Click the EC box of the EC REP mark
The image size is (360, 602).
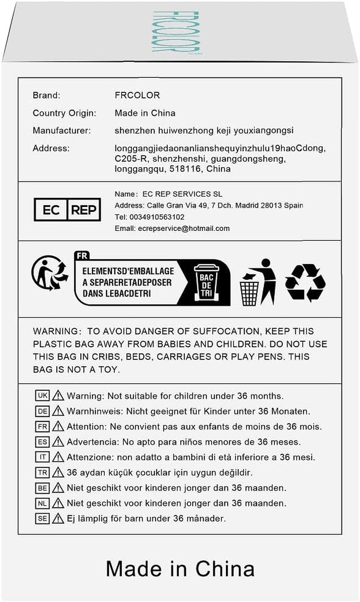click(x=50, y=209)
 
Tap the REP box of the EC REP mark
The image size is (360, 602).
click(x=84, y=209)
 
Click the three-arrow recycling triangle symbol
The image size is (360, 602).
click(x=306, y=282)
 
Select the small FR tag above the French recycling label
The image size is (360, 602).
click(x=82, y=255)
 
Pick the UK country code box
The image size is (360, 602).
click(x=42, y=396)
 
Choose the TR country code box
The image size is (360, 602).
click(x=42, y=472)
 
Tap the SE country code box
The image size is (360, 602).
click(x=42, y=518)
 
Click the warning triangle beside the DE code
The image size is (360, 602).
click(x=58, y=411)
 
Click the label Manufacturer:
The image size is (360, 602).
click(x=62, y=131)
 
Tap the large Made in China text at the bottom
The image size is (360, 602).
click(x=180, y=568)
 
